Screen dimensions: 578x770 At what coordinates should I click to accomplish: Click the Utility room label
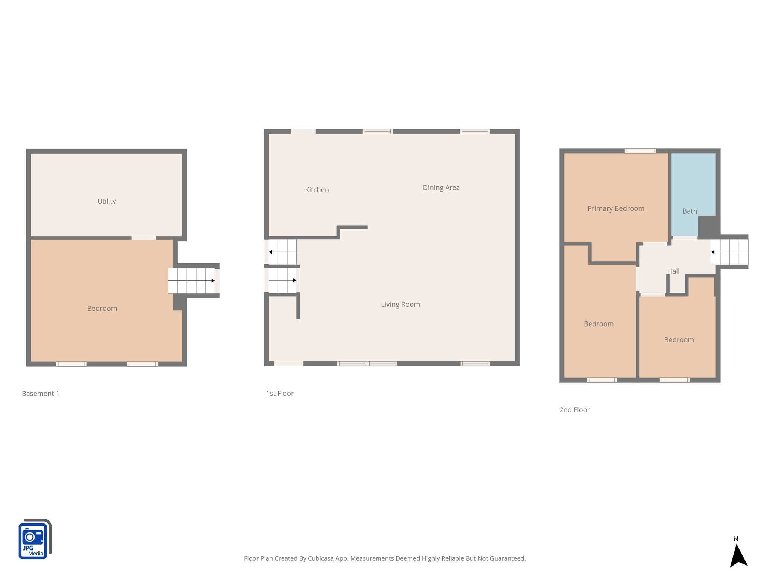[106, 201]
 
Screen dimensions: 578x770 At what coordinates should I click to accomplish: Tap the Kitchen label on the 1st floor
[317, 190]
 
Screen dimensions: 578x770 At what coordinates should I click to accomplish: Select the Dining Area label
[441, 187]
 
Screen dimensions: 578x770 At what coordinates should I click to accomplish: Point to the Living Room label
[400, 304]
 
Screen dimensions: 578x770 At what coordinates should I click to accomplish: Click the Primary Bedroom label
[615, 208]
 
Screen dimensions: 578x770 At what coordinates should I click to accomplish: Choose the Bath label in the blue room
[690, 211]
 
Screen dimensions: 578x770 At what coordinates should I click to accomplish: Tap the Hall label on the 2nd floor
[673, 271]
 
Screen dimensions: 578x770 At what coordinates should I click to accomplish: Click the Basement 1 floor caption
[41, 394]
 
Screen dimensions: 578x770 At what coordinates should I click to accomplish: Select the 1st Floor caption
[280, 394]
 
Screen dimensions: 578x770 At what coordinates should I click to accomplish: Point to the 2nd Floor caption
[574, 410]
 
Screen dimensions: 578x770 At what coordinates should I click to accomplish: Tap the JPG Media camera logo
[35, 539]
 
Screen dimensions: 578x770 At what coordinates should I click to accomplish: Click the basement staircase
[191, 280]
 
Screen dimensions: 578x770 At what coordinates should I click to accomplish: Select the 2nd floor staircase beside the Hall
[729, 252]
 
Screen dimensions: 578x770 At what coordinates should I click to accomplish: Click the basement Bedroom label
[102, 309]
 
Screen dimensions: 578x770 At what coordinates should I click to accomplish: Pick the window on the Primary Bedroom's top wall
[640, 151]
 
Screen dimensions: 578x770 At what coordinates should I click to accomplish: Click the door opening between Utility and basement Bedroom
[143, 238]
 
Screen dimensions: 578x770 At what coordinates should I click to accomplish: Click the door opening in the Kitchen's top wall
[303, 132]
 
